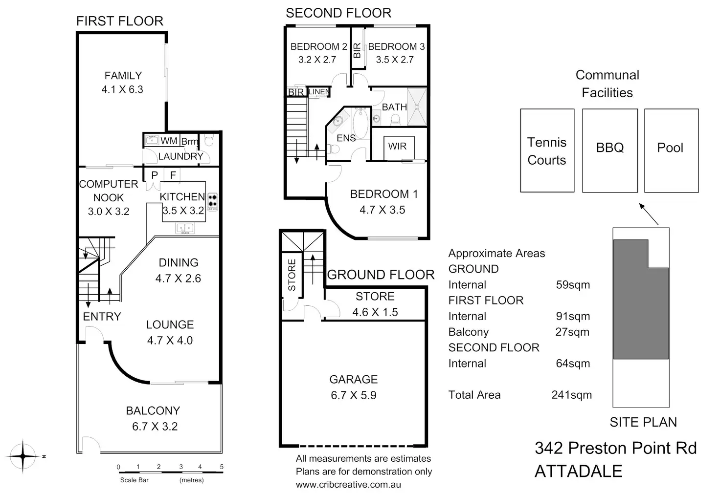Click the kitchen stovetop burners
click(212, 202)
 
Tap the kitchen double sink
click(185, 228)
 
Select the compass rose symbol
click(23, 456)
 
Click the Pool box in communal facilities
click(671, 150)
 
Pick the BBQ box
click(610, 150)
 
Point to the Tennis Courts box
click(547, 150)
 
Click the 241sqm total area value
click(571, 395)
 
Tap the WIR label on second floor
click(397, 146)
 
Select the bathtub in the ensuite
click(360, 124)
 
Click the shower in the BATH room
click(417, 107)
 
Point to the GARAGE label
click(354, 379)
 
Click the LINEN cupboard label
click(319, 92)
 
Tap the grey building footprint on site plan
click(641, 299)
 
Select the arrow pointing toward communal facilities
click(649, 214)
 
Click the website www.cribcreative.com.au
click(348, 485)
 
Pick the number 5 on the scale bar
click(222, 467)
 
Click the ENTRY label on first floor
click(102, 317)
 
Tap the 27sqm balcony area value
click(572, 332)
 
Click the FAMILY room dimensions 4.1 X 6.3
click(122, 89)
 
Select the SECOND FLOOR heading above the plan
click(338, 13)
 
